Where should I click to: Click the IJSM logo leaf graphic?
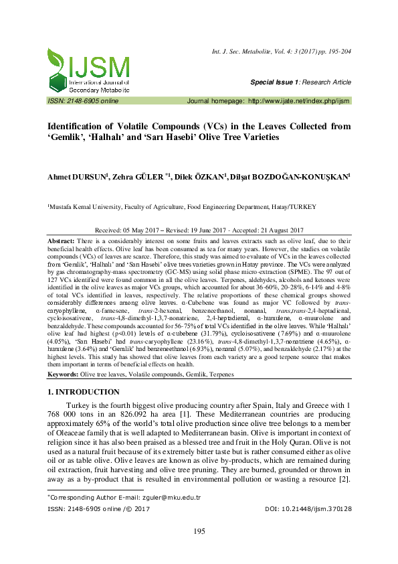[57, 66]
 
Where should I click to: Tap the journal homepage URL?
[299, 100]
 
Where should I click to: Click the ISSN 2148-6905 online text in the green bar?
[83, 100]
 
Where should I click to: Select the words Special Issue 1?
[273, 82]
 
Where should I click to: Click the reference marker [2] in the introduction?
[345, 481]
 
